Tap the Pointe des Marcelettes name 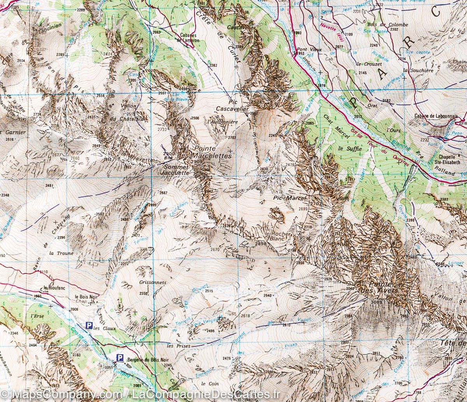212,152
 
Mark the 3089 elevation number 377,302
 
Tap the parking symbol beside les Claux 89,325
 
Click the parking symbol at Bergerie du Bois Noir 121,358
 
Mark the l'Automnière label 223,122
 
